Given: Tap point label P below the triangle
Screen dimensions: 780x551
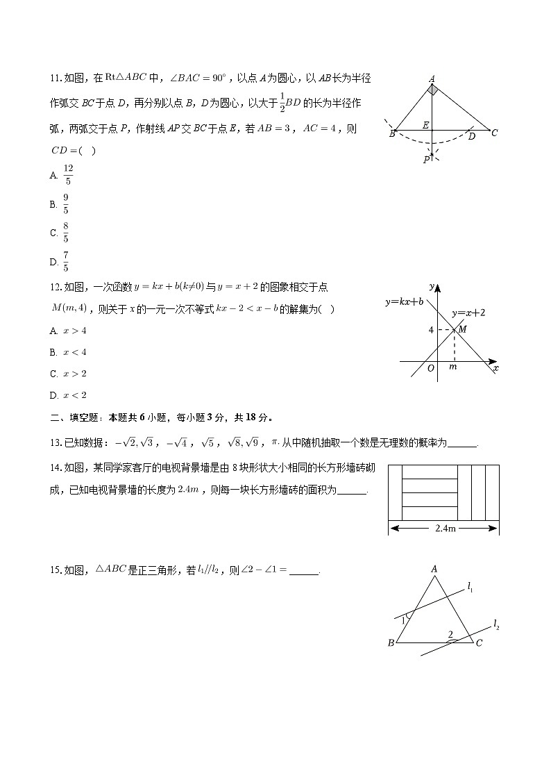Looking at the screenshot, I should pyautogui.click(x=426, y=160).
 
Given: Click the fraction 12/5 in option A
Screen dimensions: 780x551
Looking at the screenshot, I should pyautogui.click(x=68, y=175).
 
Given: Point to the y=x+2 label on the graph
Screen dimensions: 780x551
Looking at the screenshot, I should pyautogui.click(x=468, y=313).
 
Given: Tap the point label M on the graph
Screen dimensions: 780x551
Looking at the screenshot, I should pyautogui.click(x=462, y=329).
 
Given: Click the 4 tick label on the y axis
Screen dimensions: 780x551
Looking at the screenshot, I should pyautogui.click(x=431, y=330).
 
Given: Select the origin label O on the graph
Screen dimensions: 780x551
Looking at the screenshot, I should pyautogui.click(x=431, y=368).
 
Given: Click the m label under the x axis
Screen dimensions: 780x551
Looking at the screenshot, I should pyautogui.click(x=453, y=367).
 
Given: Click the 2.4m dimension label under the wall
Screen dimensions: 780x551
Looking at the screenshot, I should pyautogui.click(x=445, y=529).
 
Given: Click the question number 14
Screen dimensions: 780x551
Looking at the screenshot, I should pyautogui.click(x=56, y=467).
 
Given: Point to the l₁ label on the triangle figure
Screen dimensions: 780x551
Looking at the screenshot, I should pyautogui.click(x=471, y=589).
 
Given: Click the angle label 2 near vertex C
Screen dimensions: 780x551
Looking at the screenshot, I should pyautogui.click(x=450, y=634).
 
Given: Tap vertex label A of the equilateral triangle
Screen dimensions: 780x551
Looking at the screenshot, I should pyautogui.click(x=434, y=569).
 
